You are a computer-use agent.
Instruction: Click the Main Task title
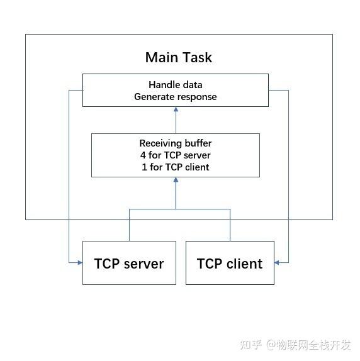coord(179,58)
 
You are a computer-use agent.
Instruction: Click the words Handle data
coord(176,85)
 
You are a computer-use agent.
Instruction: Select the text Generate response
coord(176,97)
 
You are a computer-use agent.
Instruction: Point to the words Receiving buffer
coord(176,143)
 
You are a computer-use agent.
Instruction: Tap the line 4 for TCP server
coord(176,155)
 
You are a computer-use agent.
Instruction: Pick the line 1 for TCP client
coord(176,167)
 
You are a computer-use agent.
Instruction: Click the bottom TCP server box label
coord(129,264)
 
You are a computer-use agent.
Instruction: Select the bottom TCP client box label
coord(230,264)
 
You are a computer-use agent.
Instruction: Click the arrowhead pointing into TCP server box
coord(79,262)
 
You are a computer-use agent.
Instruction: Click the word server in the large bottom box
coord(143,264)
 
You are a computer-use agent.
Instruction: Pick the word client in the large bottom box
coord(244,264)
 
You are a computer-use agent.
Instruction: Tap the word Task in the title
coord(196,58)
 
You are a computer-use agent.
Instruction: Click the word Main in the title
coord(161,58)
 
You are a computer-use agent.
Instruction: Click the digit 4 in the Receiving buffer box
coord(142,155)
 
